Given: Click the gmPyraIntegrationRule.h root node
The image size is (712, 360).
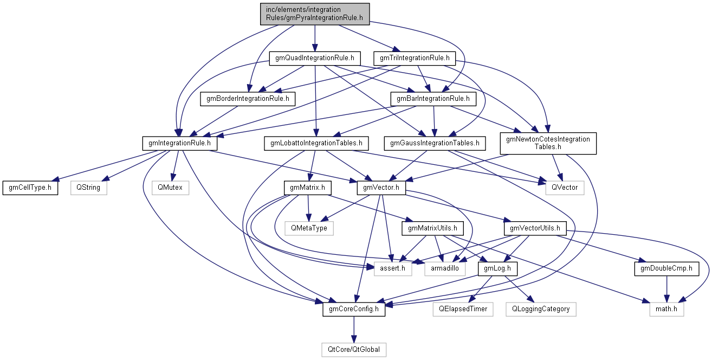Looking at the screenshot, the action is pyautogui.click(x=315, y=14).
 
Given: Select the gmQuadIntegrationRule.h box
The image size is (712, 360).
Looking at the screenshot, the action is pyautogui.click(x=315, y=58).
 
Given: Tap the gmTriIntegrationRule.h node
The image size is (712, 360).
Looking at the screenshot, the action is pyautogui.click(x=415, y=58).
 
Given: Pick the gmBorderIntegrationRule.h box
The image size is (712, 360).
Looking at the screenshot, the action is pyautogui.click(x=248, y=99).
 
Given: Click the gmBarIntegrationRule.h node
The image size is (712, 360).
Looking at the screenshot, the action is pyautogui.click(x=433, y=99).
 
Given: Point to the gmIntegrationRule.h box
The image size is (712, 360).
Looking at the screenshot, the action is pyautogui.click(x=179, y=144).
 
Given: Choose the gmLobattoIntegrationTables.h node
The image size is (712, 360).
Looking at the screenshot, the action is pyautogui.click(x=316, y=144).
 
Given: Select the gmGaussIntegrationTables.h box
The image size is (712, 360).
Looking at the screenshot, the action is pyautogui.click(x=435, y=144).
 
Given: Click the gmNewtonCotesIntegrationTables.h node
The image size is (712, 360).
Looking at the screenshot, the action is pyautogui.click(x=548, y=144).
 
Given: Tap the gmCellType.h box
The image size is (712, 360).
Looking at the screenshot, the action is pyautogui.click(x=30, y=188).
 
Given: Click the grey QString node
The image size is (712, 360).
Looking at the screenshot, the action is pyautogui.click(x=89, y=188).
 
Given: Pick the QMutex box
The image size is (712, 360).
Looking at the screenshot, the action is pyautogui.click(x=170, y=188).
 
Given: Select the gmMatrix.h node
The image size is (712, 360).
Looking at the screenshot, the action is pyautogui.click(x=307, y=188).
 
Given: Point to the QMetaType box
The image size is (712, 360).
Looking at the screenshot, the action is pyautogui.click(x=309, y=228).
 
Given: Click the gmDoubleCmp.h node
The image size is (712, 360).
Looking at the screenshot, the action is pyautogui.click(x=666, y=269).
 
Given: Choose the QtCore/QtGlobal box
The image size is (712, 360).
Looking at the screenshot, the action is pyautogui.click(x=354, y=350).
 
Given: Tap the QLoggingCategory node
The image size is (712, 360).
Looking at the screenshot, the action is pyautogui.click(x=541, y=309).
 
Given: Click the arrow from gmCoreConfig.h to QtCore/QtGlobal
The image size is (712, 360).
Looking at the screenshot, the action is pyautogui.click(x=354, y=330).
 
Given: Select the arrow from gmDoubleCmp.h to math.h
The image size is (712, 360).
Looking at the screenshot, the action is pyautogui.click(x=666, y=289).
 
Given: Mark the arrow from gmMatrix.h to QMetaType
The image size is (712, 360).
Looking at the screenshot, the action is pyautogui.click(x=308, y=208).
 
